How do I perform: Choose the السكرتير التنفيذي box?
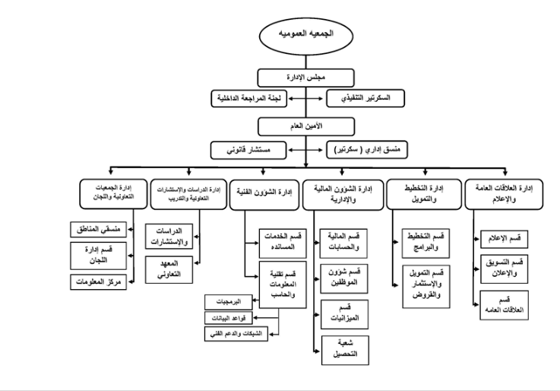click(362, 98)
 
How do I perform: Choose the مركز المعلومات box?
click(99, 281)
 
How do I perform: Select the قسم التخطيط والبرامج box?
click(422, 242)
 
